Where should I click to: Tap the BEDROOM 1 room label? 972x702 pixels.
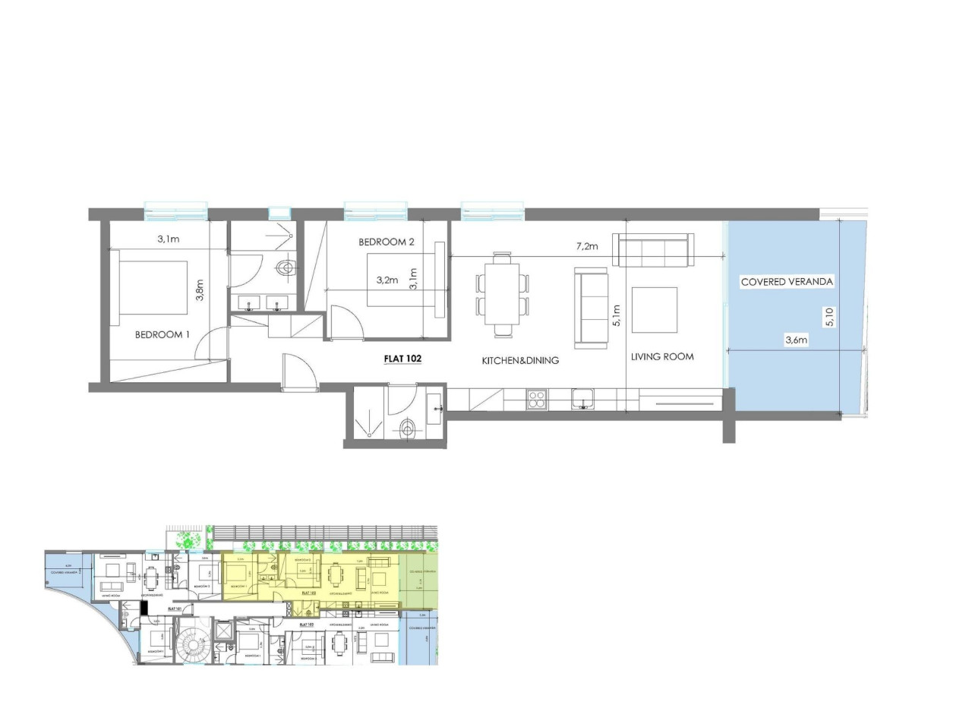162,334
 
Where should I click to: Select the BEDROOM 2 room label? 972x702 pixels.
387,242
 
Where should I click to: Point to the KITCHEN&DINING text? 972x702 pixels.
520,361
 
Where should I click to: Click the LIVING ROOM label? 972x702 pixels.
661,356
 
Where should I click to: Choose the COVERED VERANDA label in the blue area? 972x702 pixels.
787,282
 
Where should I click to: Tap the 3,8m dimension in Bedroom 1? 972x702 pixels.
200,289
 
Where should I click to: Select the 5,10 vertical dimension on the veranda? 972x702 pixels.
830,316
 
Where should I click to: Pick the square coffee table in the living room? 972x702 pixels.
654,310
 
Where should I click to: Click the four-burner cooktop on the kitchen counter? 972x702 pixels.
537,400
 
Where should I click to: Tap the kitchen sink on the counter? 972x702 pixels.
583,399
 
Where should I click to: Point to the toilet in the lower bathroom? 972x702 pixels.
409,430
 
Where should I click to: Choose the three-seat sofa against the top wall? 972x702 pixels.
653,250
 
